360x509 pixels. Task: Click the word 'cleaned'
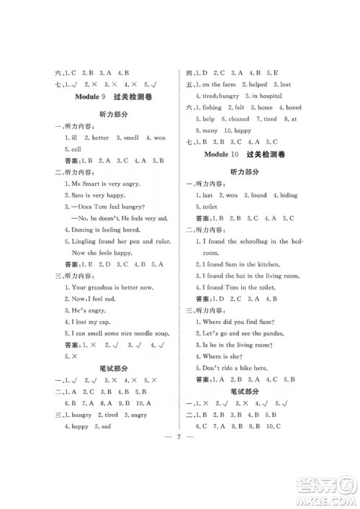pyautogui.click(x=239, y=119)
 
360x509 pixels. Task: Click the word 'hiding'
pyautogui.click(x=288, y=194)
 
